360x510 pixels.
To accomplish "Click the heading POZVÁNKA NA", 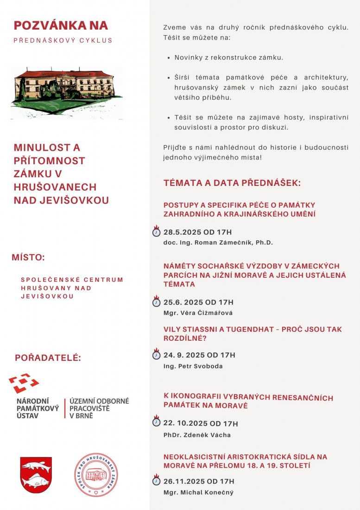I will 61,25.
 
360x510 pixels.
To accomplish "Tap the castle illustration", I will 67,92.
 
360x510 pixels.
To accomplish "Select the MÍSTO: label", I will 28,258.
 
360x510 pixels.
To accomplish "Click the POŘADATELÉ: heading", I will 48,358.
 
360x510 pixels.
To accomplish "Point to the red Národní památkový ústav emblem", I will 24,383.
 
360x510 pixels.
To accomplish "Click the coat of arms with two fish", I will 36,474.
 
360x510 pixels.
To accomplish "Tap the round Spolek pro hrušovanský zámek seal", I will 96,475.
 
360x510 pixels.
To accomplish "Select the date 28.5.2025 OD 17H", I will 197,232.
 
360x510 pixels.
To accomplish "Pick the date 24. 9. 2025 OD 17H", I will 199,355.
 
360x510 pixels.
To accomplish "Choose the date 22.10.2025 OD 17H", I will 201,423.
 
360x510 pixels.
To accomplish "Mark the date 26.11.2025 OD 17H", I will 199,481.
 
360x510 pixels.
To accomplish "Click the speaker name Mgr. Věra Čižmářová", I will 198,313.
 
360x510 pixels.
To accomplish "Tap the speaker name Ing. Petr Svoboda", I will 193,366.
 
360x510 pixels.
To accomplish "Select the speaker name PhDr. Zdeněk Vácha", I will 197,435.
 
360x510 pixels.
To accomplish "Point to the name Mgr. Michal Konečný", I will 198,492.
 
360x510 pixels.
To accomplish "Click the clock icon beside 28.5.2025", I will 157,232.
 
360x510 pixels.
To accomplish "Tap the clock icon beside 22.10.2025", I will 157,422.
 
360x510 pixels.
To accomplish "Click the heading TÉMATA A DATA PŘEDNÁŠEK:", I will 232,183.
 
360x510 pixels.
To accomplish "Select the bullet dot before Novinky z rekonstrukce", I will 168,58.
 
